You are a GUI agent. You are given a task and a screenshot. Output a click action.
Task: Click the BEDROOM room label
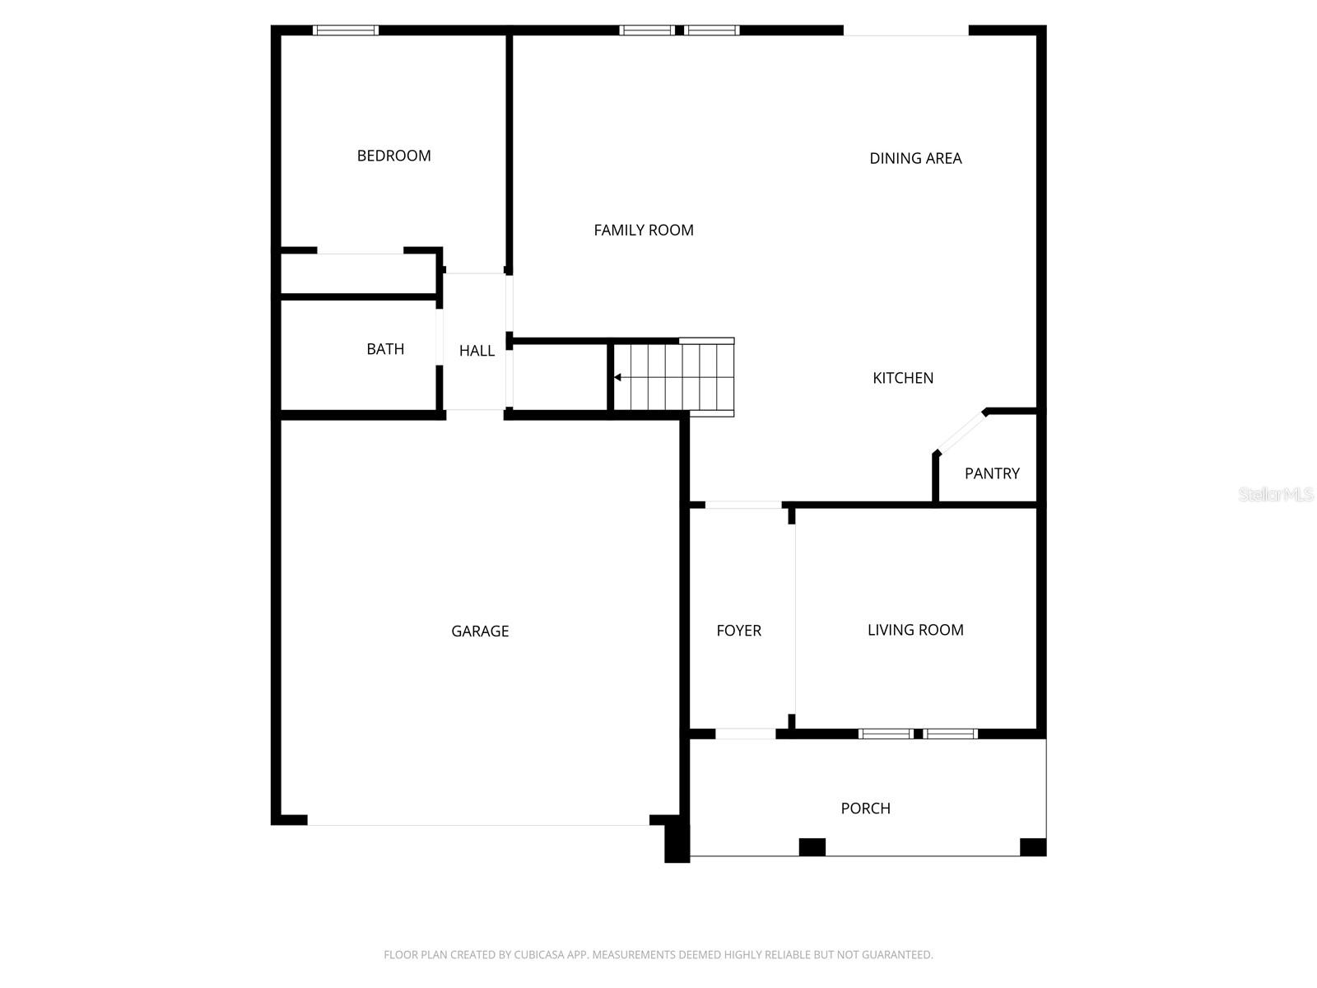tap(393, 156)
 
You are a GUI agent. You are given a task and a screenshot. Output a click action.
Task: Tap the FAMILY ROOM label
tap(644, 231)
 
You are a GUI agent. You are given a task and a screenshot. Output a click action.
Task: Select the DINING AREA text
tap(915, 158)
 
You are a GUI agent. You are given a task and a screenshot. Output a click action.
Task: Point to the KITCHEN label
tap(903, 378)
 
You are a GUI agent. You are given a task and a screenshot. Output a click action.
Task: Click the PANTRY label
tap(992, 473)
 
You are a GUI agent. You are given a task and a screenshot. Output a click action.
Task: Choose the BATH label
tap(385, 349)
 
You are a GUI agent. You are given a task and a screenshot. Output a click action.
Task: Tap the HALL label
tap(477, 351)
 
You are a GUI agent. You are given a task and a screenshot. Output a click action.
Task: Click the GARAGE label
tap(480, 631)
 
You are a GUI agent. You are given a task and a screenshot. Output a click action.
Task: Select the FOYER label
tap(738, 631)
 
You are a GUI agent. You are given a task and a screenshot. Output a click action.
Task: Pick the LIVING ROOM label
tap(915, 630)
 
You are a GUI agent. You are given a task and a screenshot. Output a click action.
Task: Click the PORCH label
tap(865, 809)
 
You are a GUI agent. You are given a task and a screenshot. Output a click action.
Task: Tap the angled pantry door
tap(961, 432)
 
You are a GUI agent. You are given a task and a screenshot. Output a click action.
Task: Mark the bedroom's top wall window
tap(346, 30)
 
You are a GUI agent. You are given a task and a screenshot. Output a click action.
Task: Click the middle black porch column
tap(812, 847)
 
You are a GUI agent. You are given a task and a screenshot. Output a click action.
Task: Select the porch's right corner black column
tap(1032, 847)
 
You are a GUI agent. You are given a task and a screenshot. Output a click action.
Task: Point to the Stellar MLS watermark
tap(1276, 495)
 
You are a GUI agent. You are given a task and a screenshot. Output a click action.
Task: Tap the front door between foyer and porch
tap(745, 734)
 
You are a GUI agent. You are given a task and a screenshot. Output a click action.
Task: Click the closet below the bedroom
tap(359, 273)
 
